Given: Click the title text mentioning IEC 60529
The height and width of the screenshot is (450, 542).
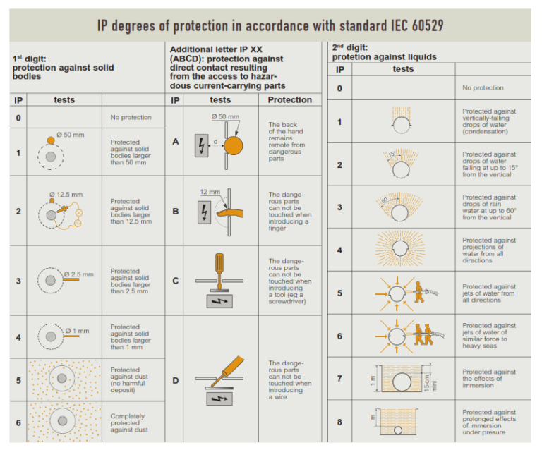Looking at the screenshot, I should pyautogui.click(x=270, y=26).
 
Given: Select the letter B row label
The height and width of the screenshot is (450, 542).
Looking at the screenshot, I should pyautogui.click(x=175, y=211).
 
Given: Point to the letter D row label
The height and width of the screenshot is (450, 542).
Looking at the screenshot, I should pyautogui.click(x=175, y=380).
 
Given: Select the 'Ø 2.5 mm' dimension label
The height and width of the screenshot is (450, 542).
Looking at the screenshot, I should pyautogui.click(x=78, y=274).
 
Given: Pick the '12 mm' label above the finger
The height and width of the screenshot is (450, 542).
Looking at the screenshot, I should pyautogui.click(x=210, y=192).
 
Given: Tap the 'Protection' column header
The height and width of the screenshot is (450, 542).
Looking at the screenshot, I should pyautogui.click(x=289, y=100).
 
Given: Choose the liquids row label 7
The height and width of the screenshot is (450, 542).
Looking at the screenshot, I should pyautogui.click(x=339, y=379).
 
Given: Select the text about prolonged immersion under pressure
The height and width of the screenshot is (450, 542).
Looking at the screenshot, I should pyautogui.click(x=488, y=422).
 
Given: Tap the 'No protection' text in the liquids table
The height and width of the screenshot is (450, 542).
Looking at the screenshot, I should pyautogui.click(x=483, y=88).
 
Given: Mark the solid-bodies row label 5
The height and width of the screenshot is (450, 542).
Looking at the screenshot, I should pyautogui.click(x=18, y=379).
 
